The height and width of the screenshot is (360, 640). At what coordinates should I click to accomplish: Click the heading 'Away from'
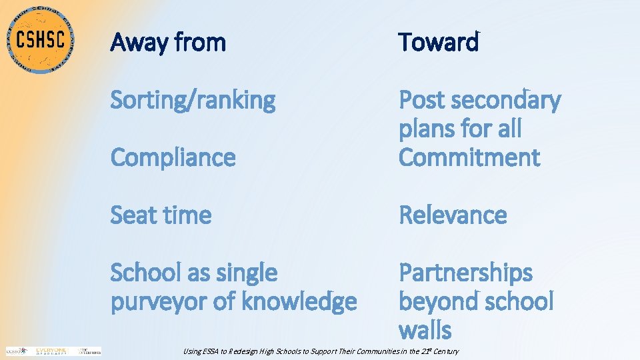[x=168, y=43]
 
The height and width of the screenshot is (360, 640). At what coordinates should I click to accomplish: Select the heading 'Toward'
[x=439, y=43]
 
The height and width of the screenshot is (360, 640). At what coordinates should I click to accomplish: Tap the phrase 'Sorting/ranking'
[x=193, y=101]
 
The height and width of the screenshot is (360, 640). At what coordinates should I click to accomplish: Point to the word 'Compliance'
[x=173, y=158]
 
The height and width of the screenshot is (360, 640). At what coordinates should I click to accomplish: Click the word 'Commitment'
[x=469, y=158]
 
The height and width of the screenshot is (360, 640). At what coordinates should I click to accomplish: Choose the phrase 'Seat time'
[x=161, y=215]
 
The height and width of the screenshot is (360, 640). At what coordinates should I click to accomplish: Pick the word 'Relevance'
[x=453, y=215]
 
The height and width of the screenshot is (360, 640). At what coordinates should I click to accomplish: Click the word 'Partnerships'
[x=465, y=273]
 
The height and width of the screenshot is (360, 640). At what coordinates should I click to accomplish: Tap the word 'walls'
[x=425, y=330]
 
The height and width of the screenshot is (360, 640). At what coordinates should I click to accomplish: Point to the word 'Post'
[x=421, y=101]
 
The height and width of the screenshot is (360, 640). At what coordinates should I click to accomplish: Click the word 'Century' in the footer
[x=445, y=351]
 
